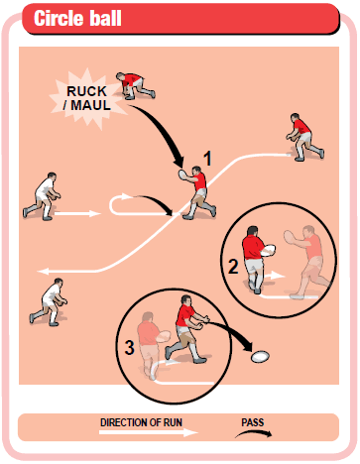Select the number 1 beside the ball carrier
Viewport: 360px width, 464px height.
(x=208, y=156)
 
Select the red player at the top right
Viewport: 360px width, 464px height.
(x=302, y=134)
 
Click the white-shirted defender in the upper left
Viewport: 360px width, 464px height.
(x=41, y=196)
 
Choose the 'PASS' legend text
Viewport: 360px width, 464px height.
(x=252, y=422)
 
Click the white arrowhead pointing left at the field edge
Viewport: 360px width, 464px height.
(x=42, y=269)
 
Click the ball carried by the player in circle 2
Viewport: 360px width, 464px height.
(x=266, y=249)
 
